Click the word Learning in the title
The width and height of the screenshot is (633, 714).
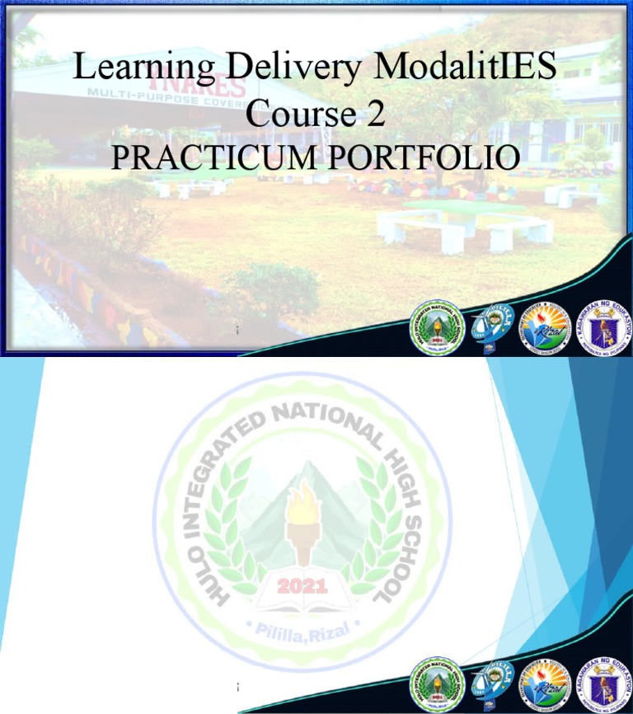point(145,68)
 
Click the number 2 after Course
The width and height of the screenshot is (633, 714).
point(376,113)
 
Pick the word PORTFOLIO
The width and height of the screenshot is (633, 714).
point(424,157)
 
